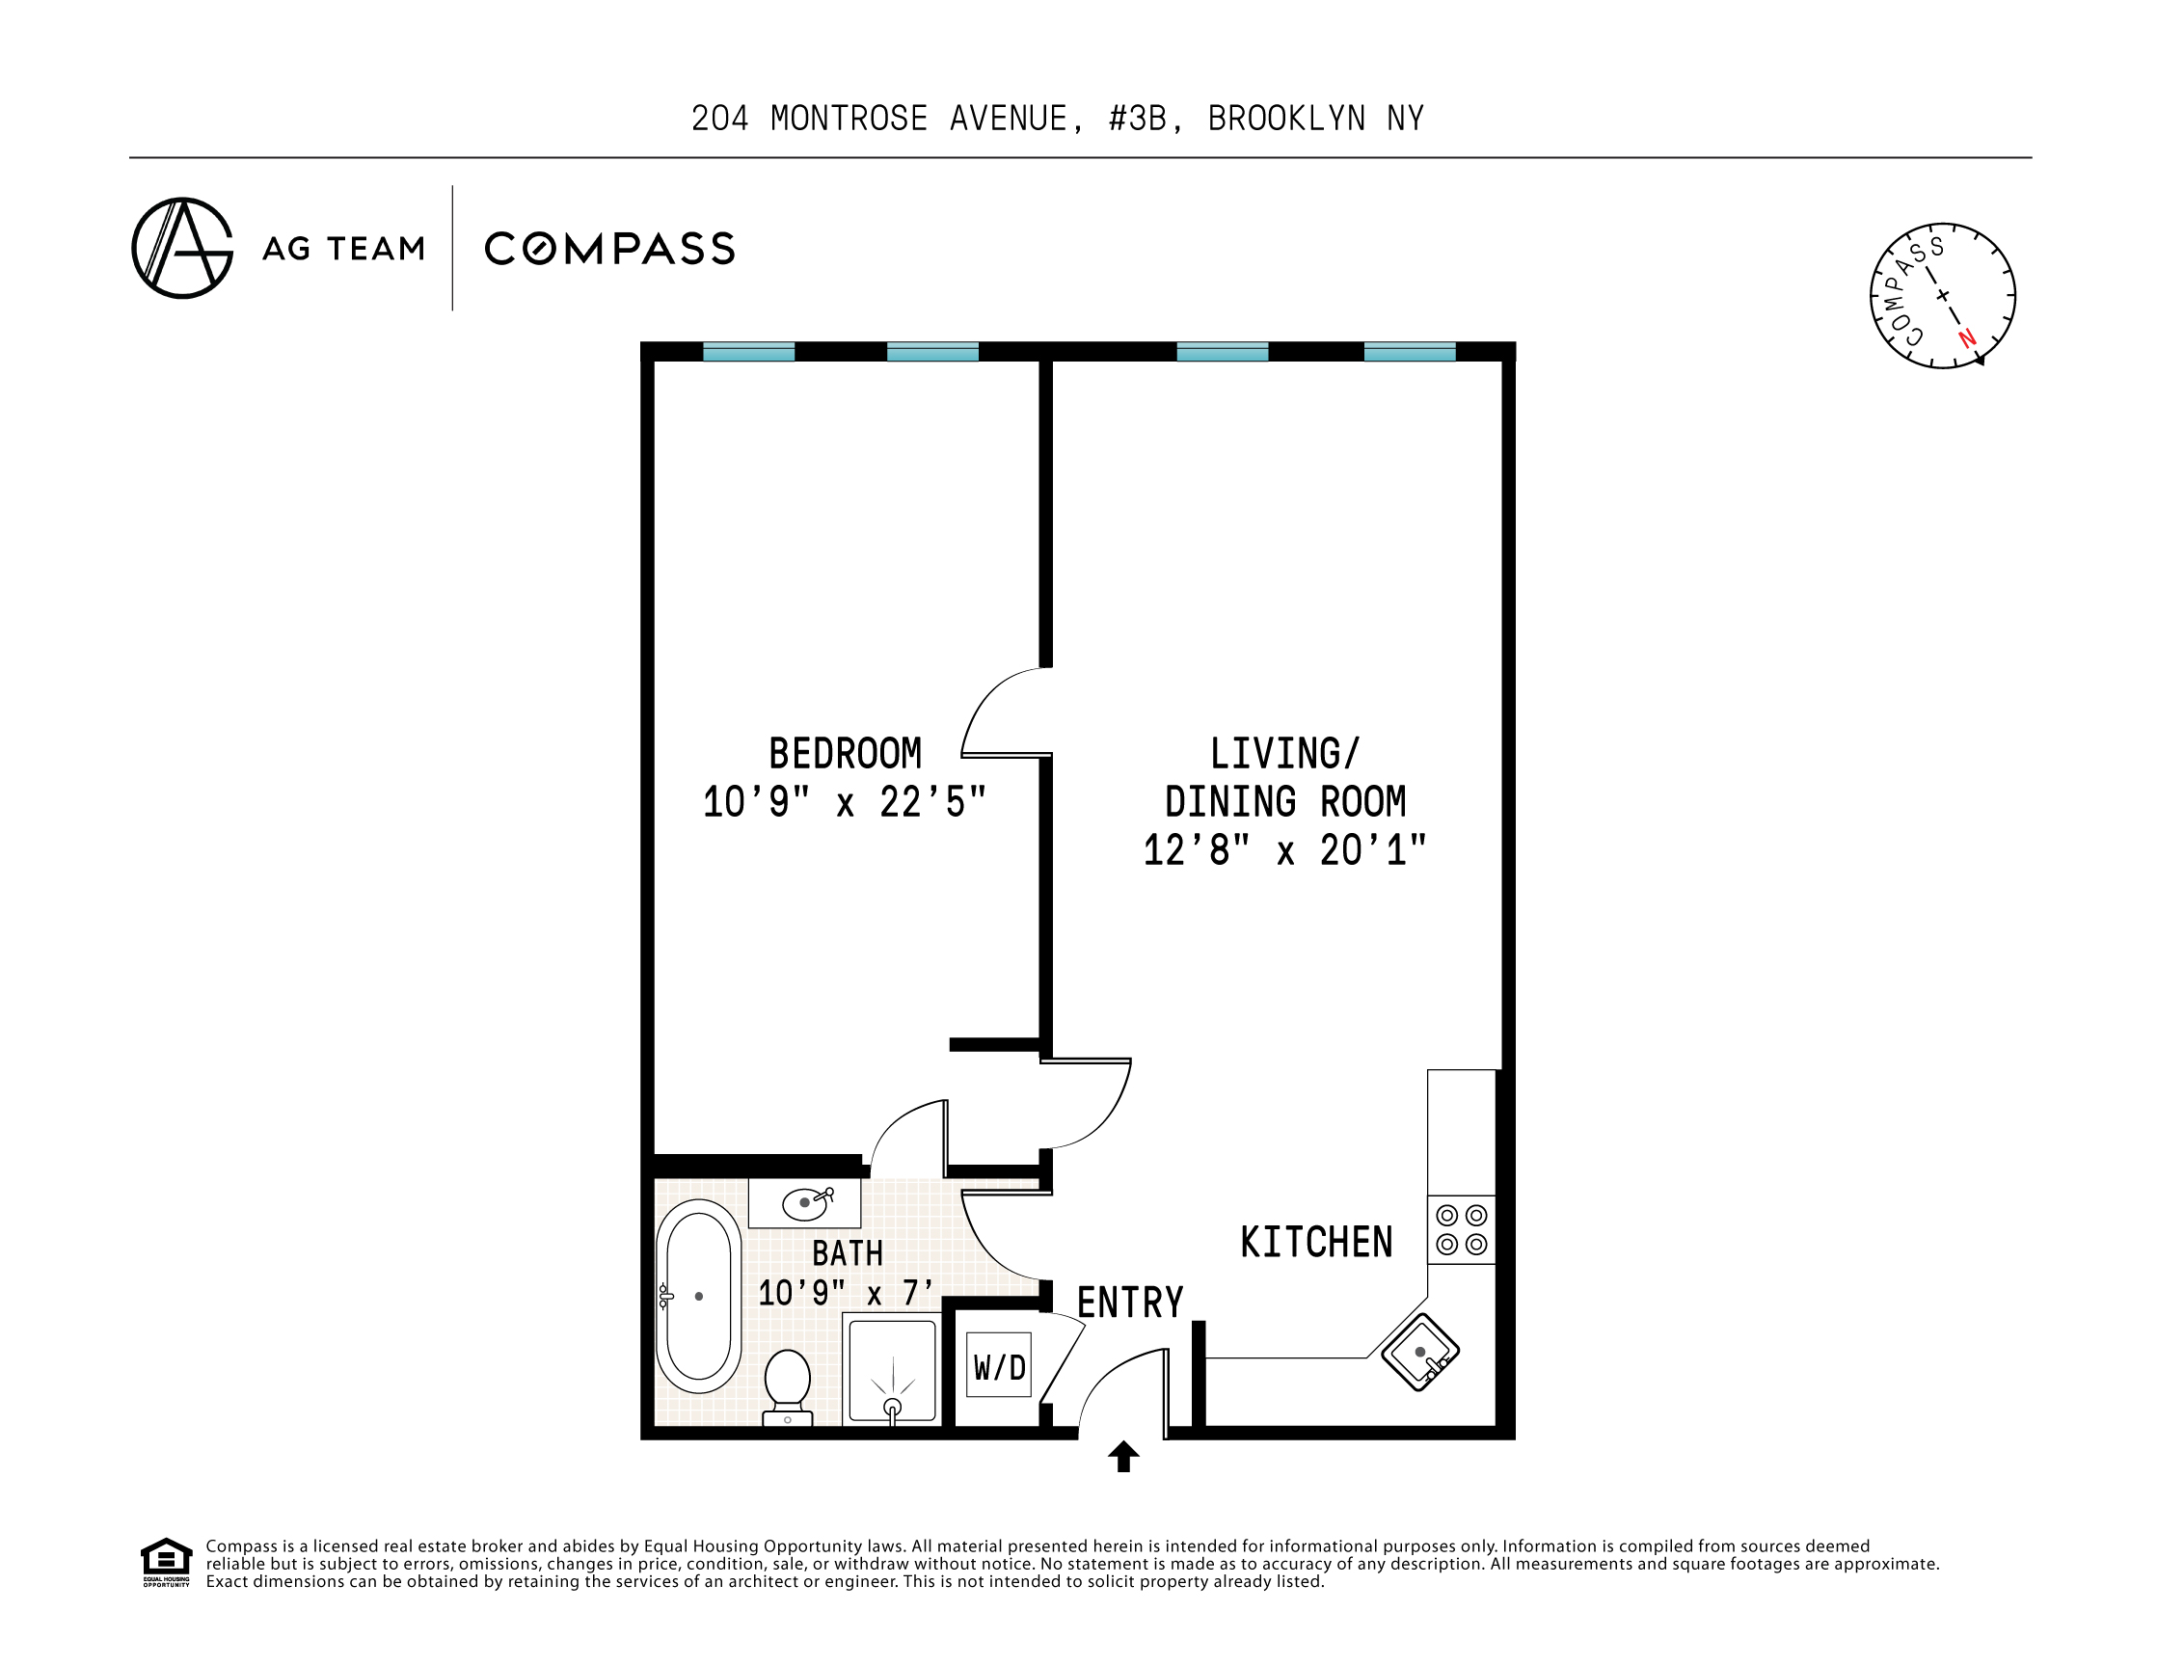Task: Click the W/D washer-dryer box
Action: click(x=999, y=1366)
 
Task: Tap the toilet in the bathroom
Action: click(x=787, y=1387)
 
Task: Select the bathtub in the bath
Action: click(x=698, y=1296)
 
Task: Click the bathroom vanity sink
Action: click(x=805, y=1203)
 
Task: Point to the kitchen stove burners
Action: click(x=1462, y=1229)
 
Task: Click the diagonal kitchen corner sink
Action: click(x=1420, y=1352)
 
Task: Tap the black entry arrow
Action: click(x=1124, y=1457)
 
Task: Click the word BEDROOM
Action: click(x=846, y=755)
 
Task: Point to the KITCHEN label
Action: click(x=1316, y=1243)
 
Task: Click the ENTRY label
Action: click(x=1130, y=1303)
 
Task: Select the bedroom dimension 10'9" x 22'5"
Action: click(x=845, y=803)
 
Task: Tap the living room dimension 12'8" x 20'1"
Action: click(x=1285, y=850)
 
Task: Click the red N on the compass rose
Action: click(x=1967, y=337)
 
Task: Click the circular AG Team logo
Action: click(x=182, y=248)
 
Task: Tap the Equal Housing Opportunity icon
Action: click(x=166, y=1562)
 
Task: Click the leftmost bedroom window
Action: click(x=748, y=352)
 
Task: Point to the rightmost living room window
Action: click(x=1410, y=352)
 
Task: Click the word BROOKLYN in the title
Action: click(x=1287, y=119)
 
